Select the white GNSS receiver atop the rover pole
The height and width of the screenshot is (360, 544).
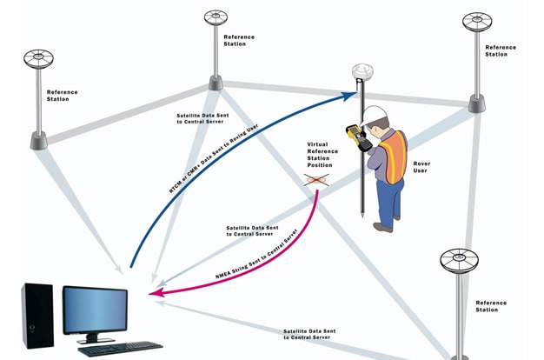pos(361,71)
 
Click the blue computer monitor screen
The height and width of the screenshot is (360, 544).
pos(96,309)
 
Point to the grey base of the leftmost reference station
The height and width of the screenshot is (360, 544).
pos(40,140)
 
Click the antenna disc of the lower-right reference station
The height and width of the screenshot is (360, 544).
pos(459,259)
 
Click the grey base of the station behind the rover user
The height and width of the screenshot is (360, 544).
pos(476,103)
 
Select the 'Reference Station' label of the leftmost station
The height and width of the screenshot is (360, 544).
pos(63,95)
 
